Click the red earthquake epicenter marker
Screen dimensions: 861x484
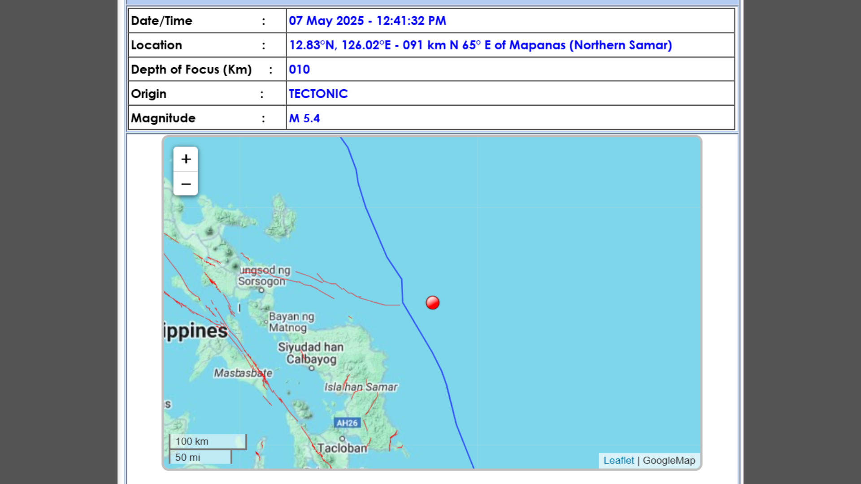[432, 303]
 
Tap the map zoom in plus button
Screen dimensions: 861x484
[186, 159]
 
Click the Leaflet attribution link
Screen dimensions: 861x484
[618, 461]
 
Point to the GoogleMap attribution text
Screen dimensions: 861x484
[669, 461]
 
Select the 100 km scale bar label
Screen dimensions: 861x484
[192, 441]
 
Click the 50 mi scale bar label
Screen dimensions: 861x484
[187, 458]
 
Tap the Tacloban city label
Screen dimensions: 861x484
[342, 448]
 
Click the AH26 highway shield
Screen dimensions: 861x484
[347, 423]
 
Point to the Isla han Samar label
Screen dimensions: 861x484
[361, 387]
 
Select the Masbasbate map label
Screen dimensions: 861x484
[243, 373]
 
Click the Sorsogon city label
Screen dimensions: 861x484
[262, 281]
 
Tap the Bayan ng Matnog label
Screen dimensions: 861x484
[291, 322]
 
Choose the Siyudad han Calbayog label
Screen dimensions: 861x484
[311, 353]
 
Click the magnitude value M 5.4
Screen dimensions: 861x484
[304, 118]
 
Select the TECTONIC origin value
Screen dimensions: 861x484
[318, 94]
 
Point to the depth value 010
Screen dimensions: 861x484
[299, 69]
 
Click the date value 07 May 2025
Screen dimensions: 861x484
[326, 21]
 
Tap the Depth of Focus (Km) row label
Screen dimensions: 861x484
[191, 69]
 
